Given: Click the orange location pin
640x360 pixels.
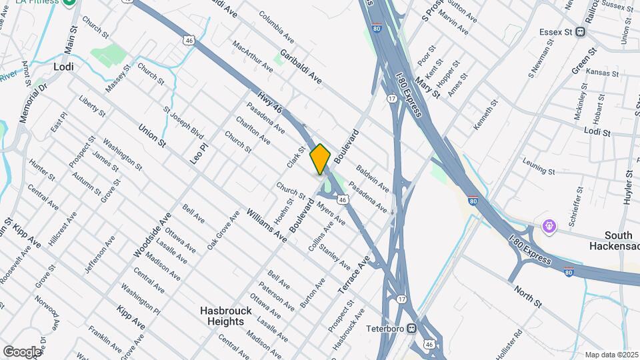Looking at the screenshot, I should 320,159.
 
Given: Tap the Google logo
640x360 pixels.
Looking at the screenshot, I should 22,351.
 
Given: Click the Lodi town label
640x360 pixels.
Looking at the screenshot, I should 63,67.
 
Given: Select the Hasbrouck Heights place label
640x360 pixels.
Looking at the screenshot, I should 223,316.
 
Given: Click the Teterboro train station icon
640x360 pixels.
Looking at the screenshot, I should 413,328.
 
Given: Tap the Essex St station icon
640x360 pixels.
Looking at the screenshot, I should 581,31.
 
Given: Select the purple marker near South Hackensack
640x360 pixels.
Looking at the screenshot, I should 549,225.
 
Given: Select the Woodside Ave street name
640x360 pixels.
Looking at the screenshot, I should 153,234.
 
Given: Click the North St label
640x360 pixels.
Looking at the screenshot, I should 528,297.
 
